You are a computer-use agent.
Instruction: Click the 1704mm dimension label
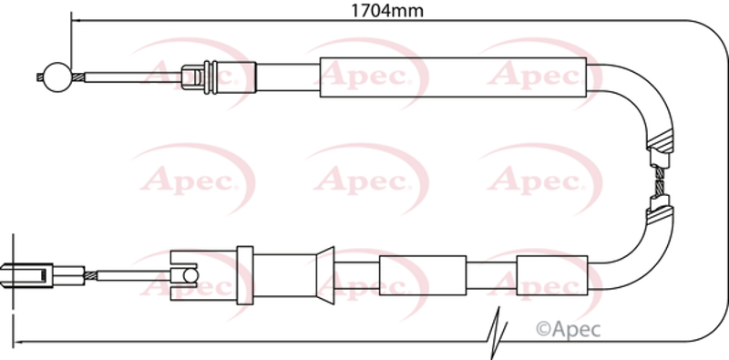point(387,10)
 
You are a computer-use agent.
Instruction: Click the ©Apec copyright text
point(568,329)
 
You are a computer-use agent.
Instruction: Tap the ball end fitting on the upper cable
point(57,77)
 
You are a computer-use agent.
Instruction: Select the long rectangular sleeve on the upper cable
point(453,77)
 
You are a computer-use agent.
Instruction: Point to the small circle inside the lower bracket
point(190,275)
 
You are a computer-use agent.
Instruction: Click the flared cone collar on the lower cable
point(325,275)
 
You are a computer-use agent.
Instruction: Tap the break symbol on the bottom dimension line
point(497,333)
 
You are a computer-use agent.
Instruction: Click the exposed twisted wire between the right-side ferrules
point(659,181)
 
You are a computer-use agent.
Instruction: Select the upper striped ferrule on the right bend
point(660,148)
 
